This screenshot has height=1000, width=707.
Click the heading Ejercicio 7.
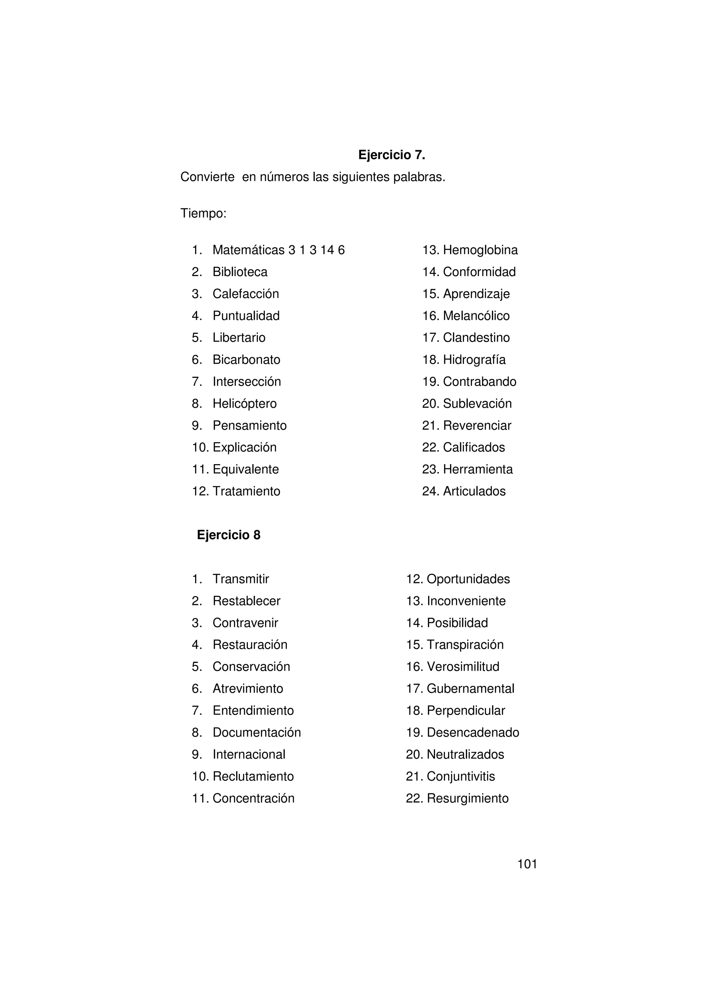[391, 155]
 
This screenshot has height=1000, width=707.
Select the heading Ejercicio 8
[228, 535]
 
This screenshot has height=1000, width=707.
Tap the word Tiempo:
[203, 214]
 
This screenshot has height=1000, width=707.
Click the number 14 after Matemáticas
[327, 251]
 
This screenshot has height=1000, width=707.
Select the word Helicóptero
[244, 404]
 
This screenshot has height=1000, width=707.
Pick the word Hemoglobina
[480, 251]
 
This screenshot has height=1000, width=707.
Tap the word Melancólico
[476, 316]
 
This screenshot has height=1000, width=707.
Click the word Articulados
[474, 491]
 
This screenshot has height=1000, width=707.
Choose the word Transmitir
[241, 579]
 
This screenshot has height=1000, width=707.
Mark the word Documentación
[256, 733]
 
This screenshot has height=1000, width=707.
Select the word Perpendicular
[466, 711]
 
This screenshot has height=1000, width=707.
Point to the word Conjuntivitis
[461, 776]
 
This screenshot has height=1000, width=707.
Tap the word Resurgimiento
[467, 798]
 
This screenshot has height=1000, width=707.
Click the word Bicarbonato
[246, 360]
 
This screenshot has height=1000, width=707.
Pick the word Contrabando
[479, 382]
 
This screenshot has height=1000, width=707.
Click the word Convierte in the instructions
[207, 177]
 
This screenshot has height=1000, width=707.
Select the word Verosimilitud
[463, 667]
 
